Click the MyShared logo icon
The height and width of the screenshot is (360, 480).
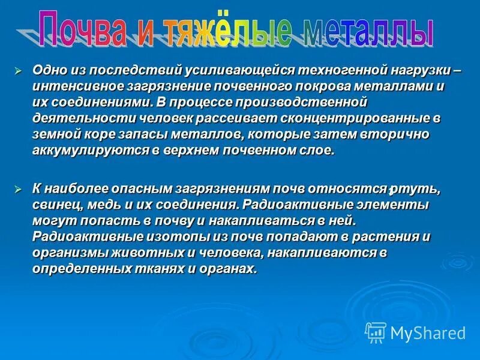pyautogui.click(x=376, y=332)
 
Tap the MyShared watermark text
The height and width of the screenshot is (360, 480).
pyautogui.click(x=428, y=333)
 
